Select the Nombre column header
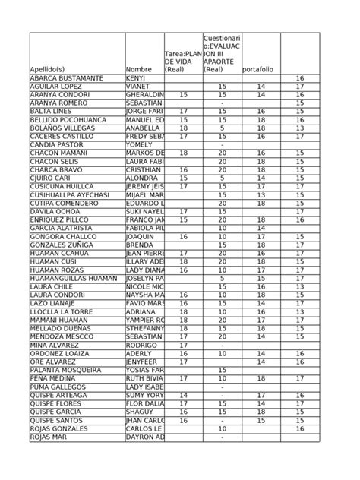[x=138, y=70]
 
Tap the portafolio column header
[x=259, y=70]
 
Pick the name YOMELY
[x=138, y=144]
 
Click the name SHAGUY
[x=138, y=412]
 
